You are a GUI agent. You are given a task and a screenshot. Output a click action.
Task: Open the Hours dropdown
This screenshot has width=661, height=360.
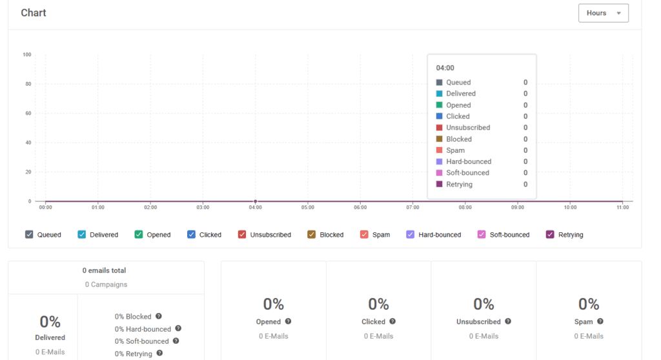(603, 13)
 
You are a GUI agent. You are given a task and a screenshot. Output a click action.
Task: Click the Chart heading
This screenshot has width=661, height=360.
(34, 13)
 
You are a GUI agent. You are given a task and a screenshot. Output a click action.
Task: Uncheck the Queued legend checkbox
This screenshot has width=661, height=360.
(29, 235)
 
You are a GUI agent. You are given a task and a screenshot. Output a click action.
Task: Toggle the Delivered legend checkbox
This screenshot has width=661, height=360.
(81, 235)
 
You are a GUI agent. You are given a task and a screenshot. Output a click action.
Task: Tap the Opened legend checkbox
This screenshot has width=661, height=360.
(139, 235)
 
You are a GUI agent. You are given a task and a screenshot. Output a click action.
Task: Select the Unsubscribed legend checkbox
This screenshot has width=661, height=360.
(242, 235)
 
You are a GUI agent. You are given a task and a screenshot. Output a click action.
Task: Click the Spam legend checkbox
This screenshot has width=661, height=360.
(364, 235)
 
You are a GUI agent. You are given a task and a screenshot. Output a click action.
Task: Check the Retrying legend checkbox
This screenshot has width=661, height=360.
(550, 235)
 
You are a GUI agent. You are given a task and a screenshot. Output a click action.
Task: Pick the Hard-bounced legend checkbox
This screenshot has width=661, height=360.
(411, 235)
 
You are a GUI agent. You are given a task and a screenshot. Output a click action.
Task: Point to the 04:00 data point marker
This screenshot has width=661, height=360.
(256, 201)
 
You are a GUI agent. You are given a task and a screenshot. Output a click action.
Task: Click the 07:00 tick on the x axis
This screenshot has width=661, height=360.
(413, 208)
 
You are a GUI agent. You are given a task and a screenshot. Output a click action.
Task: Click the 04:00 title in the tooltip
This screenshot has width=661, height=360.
(445, 68)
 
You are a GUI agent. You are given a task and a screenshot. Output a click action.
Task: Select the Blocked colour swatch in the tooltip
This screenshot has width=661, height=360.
(440, 139)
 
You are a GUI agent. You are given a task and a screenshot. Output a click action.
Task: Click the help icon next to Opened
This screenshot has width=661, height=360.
(288, 321)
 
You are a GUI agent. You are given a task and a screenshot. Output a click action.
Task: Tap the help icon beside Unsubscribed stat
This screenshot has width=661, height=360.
(508, 321)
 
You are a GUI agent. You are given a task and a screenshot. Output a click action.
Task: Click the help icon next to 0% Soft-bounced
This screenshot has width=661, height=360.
(176, 341)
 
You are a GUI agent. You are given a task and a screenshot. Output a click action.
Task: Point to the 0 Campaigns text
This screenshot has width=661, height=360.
(106, 285)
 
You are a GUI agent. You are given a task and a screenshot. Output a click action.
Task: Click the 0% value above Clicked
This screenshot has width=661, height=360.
(378, 304)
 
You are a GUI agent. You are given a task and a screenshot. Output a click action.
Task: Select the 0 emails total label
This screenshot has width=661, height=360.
(105, 270)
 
